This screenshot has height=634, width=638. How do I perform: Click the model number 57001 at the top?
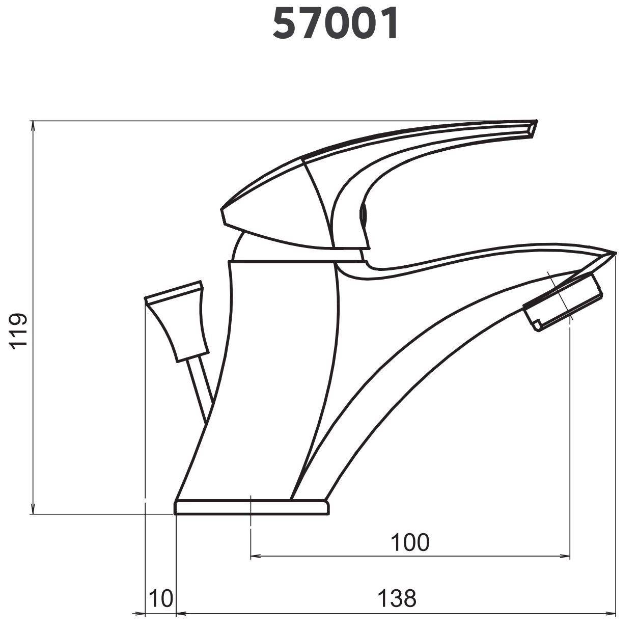(x=335, y=23)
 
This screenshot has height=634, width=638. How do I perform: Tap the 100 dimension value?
(x=410, y=542)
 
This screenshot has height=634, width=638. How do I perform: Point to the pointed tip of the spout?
(x=615, y=254)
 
